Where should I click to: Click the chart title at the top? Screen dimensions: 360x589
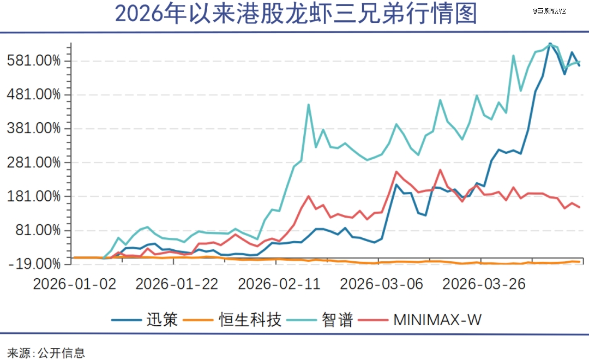tap(296, 15)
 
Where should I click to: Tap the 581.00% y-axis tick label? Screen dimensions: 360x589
tap(34, 61)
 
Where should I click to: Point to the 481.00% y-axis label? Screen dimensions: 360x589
tap(34, 94)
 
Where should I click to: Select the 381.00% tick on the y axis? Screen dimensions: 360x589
tap(34, 129)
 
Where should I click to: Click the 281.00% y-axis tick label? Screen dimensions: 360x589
tap(34, 163)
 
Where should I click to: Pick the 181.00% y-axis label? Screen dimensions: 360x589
tap(34, 196)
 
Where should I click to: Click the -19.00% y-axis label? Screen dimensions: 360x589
tap(34, 264)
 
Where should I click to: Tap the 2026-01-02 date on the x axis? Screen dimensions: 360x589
tap(74, 284)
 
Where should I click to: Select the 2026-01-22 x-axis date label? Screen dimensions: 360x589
tap(177, 284)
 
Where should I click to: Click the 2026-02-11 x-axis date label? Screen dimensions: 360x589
tap(280, 284)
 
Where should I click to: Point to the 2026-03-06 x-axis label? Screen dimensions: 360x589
tap(381, 284)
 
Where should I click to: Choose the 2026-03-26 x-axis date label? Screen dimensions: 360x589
tap(484, 284)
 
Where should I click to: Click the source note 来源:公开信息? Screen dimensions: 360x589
tap(46, 352)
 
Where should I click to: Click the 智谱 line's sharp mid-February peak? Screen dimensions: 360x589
tap(309, 105)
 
